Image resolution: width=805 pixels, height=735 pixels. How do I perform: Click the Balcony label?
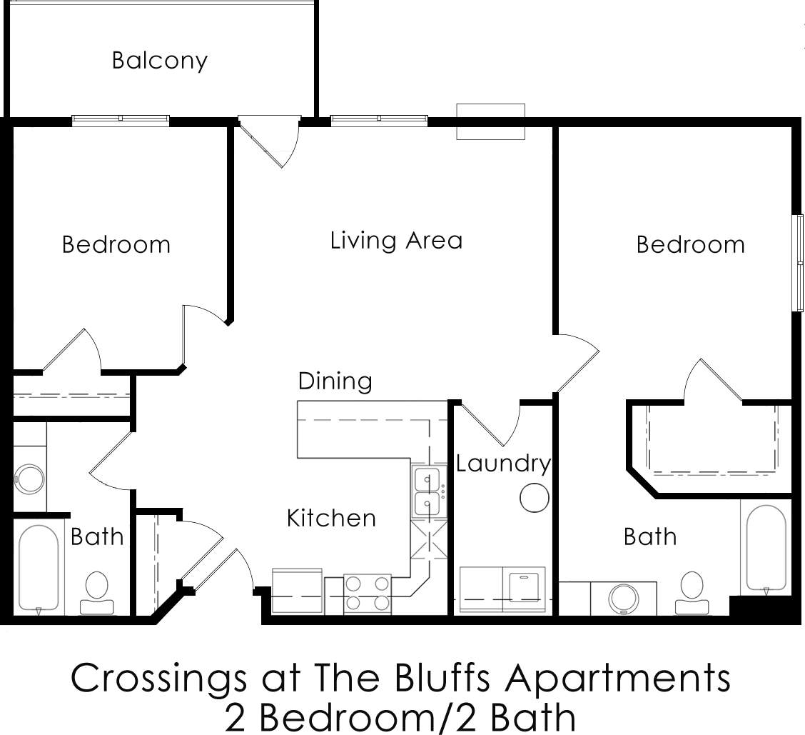click(159, 60)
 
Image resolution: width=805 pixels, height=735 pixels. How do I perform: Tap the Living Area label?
click(396, 240)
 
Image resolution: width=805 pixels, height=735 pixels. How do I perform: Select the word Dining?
click(335, 381)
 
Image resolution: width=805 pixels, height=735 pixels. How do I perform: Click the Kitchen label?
click(331, 517)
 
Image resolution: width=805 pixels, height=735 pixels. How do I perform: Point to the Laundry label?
click(503, 464)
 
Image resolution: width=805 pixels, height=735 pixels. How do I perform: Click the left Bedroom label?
click(116, 244)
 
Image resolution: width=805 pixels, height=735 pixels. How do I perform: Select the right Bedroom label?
click(690, 244)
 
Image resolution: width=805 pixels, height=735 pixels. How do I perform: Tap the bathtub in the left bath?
click(39, 568)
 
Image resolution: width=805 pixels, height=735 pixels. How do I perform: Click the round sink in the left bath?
click(30, 479)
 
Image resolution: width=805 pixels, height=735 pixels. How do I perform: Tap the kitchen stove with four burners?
click(368, 594)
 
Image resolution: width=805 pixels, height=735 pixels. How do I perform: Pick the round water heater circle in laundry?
click(534, 498)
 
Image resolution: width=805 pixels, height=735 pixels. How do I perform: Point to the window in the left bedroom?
click(121, 120)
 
